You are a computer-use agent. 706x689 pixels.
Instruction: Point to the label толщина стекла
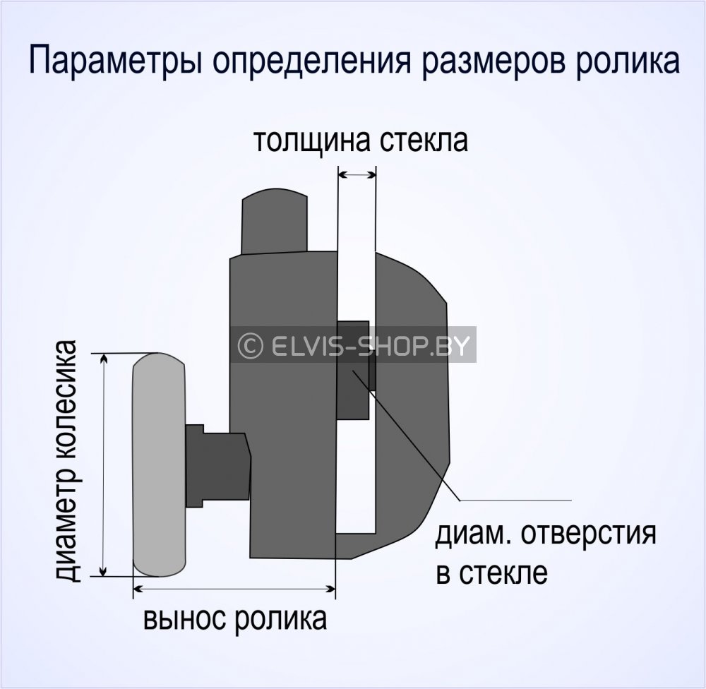point(361,140)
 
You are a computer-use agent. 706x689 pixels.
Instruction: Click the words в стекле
point(492,573)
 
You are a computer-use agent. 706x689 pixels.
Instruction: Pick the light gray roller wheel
point(159,465)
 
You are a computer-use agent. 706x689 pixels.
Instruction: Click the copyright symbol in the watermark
point(248,345)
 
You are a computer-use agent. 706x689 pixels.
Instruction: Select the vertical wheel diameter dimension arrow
point(105,465)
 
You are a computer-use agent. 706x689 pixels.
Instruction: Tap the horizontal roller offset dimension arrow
point(234,587)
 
